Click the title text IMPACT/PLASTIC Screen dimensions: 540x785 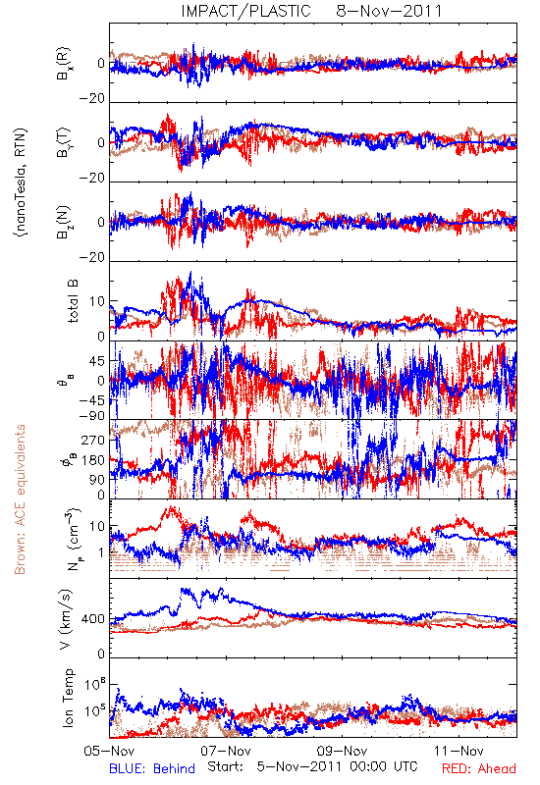click(246, 11)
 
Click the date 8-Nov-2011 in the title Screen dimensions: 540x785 click(389, 11)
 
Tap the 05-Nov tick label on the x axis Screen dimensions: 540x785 click(109, 751)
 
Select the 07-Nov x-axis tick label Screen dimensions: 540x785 click(226, 751)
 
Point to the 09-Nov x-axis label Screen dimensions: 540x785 click(343, 751)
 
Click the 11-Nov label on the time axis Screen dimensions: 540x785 click(459, 751)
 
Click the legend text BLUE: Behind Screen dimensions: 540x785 click(152, 768)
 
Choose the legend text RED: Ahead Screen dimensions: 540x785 click(478, 768)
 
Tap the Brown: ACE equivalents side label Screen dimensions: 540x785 click(20, 499)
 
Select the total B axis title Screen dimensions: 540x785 click(72, 301)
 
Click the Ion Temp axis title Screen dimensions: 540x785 click(68, 698)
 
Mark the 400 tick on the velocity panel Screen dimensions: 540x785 click(93, 619)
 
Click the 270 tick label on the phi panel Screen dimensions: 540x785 click(93, 440)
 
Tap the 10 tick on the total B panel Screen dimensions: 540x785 click(97, 301)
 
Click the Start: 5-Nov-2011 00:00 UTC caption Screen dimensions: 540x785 click(312, 766)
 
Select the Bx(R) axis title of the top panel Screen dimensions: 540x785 click(64, 64)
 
